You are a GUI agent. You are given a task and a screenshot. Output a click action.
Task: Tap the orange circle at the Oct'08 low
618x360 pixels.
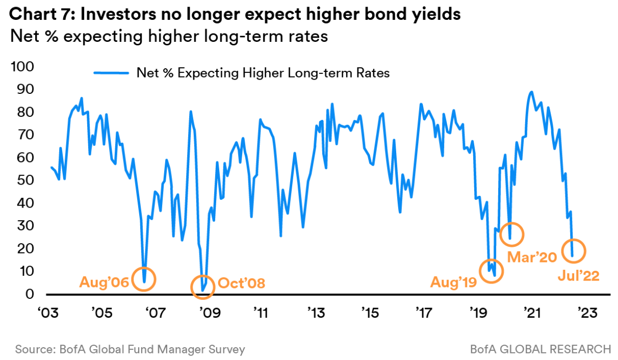[203, 287]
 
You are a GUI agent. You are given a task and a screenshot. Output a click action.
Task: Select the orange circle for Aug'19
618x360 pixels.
[491, 270]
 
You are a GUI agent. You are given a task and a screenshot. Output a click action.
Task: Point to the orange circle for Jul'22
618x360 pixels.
[573, 251]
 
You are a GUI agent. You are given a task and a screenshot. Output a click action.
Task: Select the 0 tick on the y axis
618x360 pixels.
[30, 294]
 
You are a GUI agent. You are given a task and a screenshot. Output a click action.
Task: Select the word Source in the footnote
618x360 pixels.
[34, 349]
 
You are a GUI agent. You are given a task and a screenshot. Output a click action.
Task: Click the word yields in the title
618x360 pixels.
[435, 14]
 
